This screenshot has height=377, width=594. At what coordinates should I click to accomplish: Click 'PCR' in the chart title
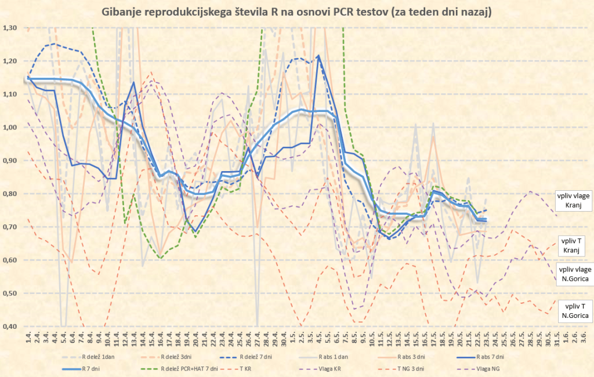click(x=365, y=12)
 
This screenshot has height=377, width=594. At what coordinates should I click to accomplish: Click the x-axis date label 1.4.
click(x=28, y=336)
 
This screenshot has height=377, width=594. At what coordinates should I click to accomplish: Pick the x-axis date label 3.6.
click(x=582, y=336)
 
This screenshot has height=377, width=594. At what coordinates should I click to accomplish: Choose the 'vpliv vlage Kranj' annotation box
click(x=573, y=200)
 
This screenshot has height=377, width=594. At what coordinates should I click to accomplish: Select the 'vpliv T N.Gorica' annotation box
click(x=573, y=311)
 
